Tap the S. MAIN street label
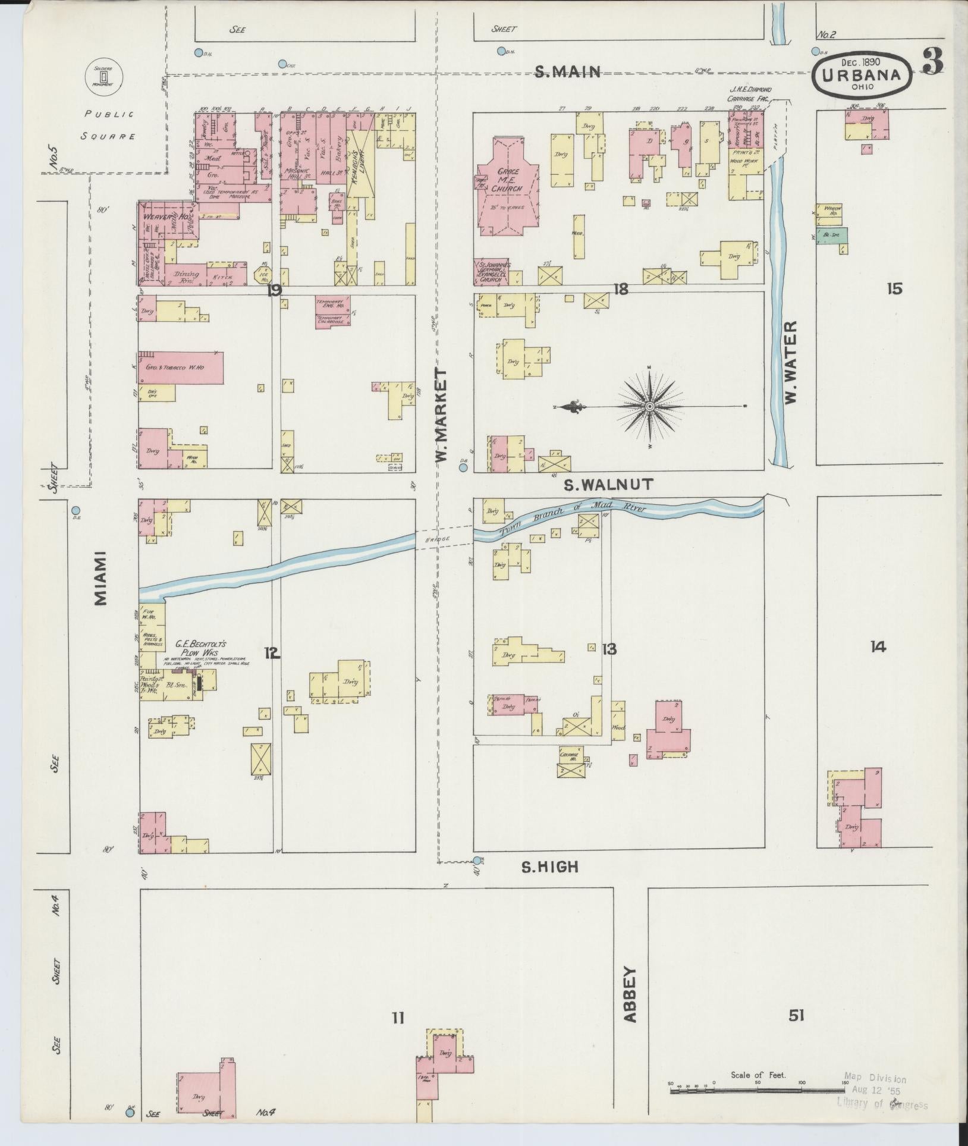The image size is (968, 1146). (567, 72)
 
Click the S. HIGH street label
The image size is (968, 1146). (549, 867)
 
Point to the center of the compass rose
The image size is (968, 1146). (649, 407)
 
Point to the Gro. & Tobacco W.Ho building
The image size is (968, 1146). (181, 368)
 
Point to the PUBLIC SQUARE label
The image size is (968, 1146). (108, 124)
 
